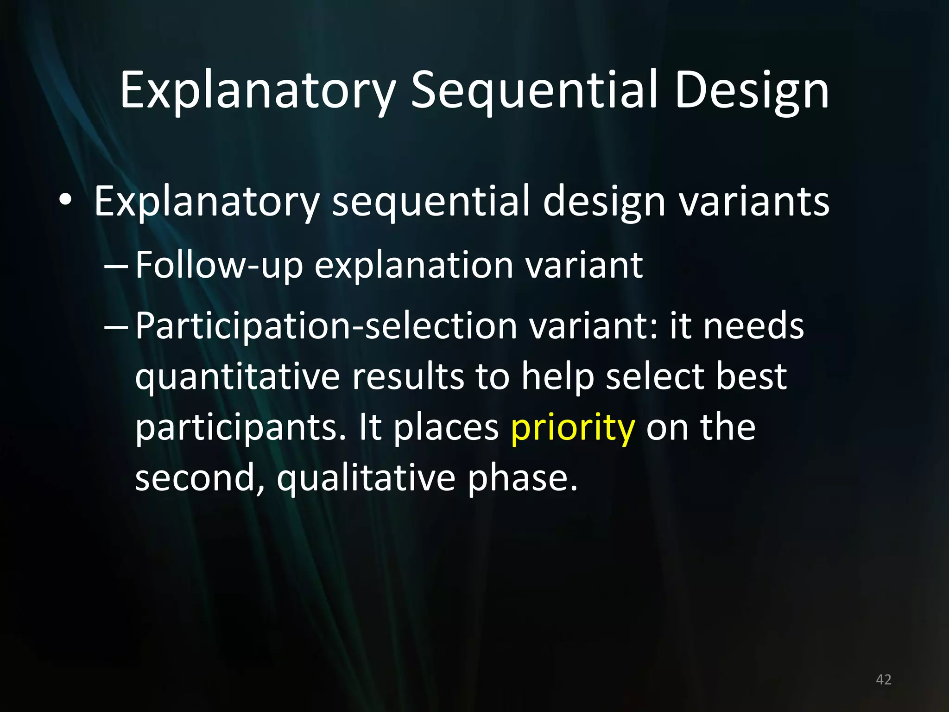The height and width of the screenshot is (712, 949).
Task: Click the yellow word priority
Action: point(573,427)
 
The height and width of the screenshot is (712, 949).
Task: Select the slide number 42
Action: point(884,680)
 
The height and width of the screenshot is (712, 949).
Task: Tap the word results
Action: point(408,376)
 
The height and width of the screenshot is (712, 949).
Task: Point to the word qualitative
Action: point(366,478)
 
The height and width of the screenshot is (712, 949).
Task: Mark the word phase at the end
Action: point(522,478)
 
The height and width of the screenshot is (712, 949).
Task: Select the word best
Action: point(751,376)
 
